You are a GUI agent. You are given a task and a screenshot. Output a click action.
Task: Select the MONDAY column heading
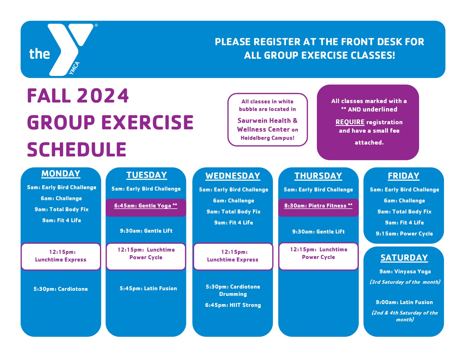[61, 174]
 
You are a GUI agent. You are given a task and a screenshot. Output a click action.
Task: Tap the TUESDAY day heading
[147, 175]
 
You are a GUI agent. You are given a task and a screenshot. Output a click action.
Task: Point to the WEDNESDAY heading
[233, 176]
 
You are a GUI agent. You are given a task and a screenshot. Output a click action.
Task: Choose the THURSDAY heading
[318, 176]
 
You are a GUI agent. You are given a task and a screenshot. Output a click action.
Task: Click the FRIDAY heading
[404, 176]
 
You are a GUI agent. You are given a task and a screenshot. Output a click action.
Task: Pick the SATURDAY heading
[404, 258]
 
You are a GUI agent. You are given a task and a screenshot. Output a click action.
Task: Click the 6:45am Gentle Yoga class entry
[146, 206]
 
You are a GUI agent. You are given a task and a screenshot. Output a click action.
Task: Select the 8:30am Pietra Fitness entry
[318, 206]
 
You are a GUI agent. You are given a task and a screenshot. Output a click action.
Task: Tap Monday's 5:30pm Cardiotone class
[61, 289]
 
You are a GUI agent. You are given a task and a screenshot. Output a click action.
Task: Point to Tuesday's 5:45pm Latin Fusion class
[148, 288]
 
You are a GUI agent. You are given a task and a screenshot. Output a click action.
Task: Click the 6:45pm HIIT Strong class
[233, 305]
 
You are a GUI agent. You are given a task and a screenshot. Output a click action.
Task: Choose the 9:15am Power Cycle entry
[404, 234]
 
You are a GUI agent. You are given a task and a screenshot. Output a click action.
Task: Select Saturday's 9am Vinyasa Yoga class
[405, 271]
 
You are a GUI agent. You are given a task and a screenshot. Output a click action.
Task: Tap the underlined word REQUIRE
[350, 122]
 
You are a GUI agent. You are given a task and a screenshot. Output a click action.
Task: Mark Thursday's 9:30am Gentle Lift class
[318, 232]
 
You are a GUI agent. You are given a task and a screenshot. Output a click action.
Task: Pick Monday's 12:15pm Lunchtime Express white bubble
[61, 256]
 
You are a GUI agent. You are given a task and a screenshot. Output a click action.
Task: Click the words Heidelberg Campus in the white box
[267, 138]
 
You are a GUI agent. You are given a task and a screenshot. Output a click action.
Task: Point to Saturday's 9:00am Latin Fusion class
[404, 302]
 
